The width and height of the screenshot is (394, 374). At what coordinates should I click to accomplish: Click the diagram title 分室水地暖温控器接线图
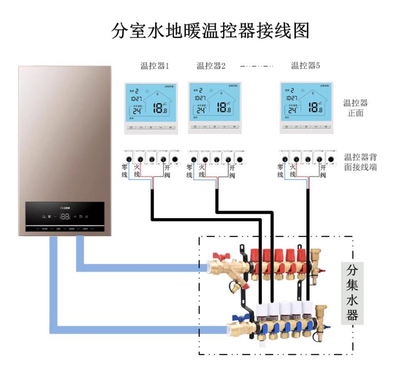tap(211, 30)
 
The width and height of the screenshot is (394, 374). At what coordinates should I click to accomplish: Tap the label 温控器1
tap(155, 65)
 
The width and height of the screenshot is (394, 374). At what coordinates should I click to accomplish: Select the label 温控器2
tap(211, 65)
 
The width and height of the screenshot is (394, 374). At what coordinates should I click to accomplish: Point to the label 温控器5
tap(305, 65)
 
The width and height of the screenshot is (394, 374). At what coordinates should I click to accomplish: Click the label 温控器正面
tap(356, 108)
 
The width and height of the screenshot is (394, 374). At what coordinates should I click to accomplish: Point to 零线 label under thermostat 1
tap(125, 171)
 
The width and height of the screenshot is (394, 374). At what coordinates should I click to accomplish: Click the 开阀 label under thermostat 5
tap(323, 171)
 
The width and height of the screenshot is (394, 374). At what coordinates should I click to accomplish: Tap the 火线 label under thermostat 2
tap(201, 171)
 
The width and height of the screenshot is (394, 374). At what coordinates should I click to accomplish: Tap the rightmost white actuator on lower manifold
tap(307, 309)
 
